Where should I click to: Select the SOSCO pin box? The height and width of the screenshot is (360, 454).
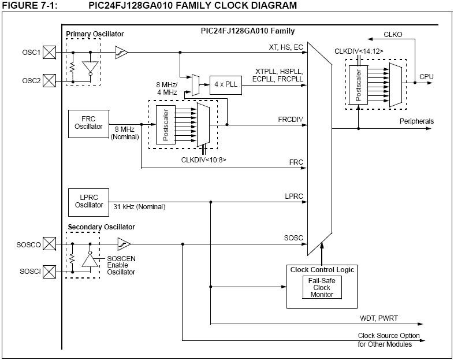tap(50, 244)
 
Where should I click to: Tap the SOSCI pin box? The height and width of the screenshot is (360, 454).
tap(50, 270)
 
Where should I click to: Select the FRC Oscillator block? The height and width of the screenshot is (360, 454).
tap(88, 123)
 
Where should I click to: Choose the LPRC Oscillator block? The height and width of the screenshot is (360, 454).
tap(88, 201)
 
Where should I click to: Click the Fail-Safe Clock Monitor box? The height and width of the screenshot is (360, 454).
tap(321, 287)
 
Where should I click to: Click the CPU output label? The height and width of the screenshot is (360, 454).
tap(427, 76)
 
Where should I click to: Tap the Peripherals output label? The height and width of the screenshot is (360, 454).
tap(416, 121)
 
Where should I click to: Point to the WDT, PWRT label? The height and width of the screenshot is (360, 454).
tap(375, 318)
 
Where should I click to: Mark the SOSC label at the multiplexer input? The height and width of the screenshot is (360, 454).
tap(293, 238)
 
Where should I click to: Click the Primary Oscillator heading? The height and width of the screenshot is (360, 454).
tap(95, 34)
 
